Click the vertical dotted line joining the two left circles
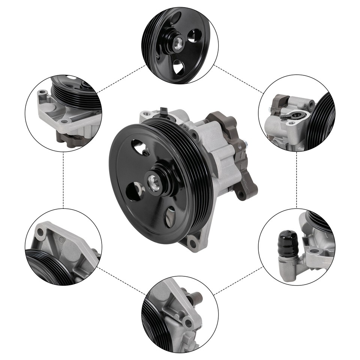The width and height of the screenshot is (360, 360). [63, 180]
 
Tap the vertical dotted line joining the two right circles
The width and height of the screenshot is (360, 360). [297, 180]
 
